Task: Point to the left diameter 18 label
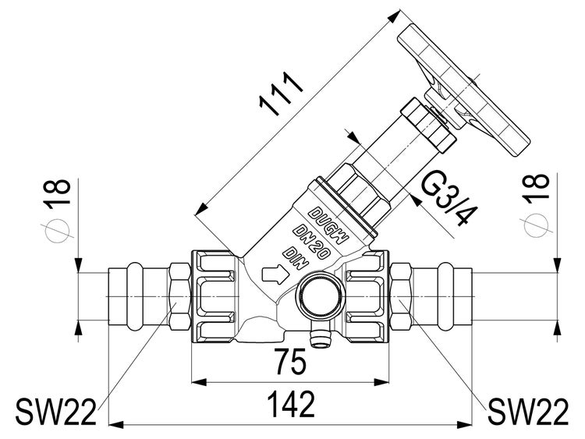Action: pyautogui.click(x=59, y=194)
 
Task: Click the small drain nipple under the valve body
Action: pyautogui.click(x=318, y=336)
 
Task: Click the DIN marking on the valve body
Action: pyautogui.click(x=293, y=254)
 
